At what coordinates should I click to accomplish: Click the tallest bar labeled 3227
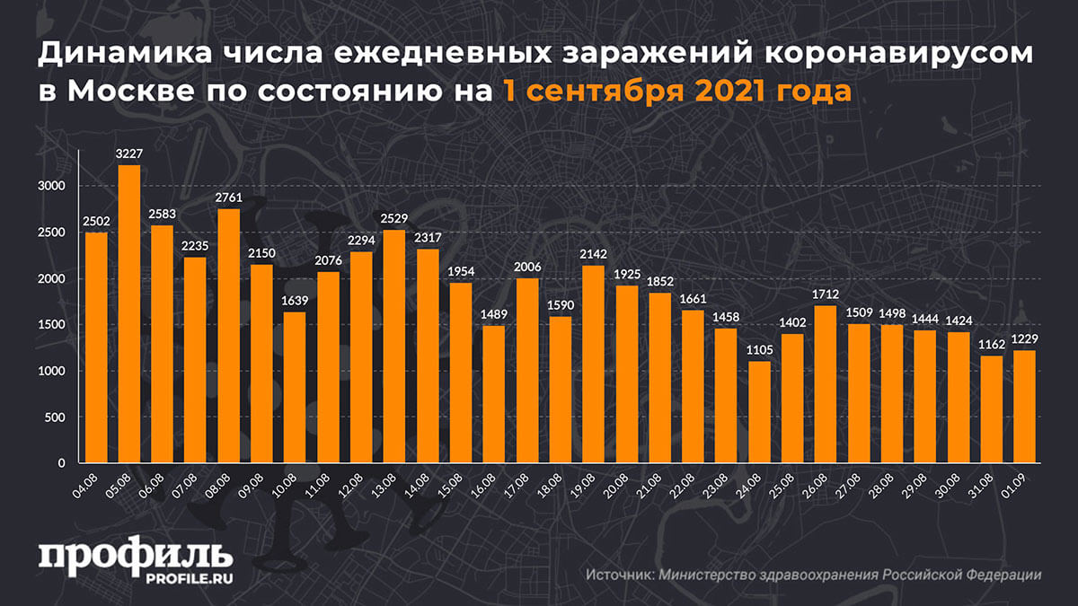(128, 314)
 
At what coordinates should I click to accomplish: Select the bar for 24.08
(759, 412)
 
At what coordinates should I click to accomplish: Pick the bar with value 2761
(228, 336)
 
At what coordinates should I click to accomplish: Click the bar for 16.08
(494, 394)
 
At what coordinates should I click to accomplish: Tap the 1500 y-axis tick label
(52, 325)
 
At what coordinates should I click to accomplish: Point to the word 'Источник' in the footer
(620, 575)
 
